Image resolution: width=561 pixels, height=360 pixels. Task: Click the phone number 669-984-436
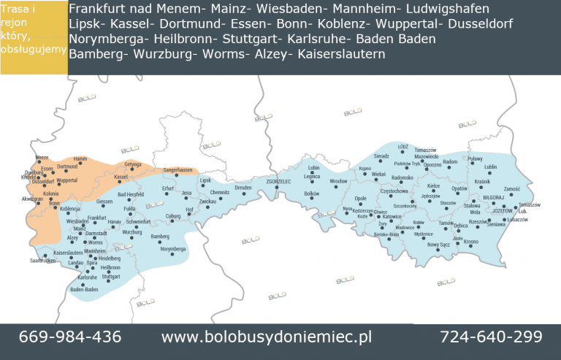coord(70,337)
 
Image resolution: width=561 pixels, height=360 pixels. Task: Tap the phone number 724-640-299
coord(491,337)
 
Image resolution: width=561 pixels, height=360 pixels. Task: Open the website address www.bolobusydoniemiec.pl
coord(267,337)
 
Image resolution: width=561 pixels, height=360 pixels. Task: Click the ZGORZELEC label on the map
coord(278,180)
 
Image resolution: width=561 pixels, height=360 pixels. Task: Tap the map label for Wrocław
coord(338,180)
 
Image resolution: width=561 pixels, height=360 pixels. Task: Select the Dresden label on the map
coord(243,188)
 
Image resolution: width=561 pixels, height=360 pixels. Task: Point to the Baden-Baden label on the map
coord(84,290)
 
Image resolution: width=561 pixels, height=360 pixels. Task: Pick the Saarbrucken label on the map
coord(42,261)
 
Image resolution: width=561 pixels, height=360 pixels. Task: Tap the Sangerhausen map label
coord(178,170)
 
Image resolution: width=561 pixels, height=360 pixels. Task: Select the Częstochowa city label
coord(394,191)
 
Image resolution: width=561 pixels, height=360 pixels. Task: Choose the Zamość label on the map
coord(511,188)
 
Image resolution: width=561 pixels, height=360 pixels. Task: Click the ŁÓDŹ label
coord(402,147)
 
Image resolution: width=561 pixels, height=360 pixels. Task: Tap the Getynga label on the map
coord(132,164)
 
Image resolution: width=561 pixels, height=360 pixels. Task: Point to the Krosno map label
coord(470,242)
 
